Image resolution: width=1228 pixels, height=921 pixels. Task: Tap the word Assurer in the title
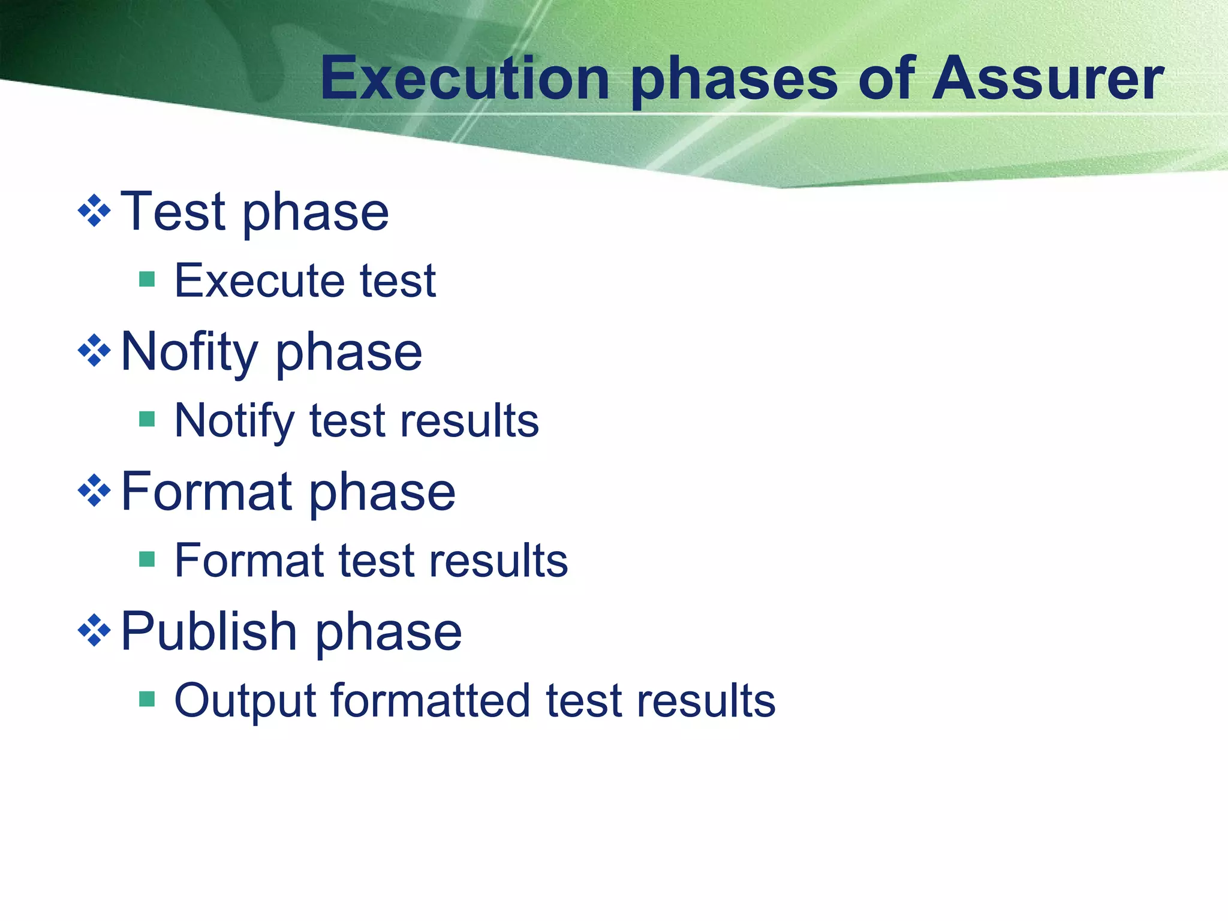(1047, 79)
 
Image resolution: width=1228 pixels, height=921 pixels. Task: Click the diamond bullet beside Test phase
(95, 211)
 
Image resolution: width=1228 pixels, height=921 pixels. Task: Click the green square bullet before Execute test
(147, 279)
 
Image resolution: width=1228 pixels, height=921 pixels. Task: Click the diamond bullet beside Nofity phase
(95, 351)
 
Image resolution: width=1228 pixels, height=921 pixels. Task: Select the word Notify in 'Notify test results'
(234, 422)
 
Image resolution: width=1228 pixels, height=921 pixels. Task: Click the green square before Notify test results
(147, 419)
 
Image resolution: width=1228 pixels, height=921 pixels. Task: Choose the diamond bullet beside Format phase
(95, 491)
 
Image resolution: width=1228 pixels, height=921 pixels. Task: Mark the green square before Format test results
(147, 559)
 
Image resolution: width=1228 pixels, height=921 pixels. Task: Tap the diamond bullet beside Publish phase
(95, 631)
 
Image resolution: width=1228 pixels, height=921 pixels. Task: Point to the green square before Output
(147, 699)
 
